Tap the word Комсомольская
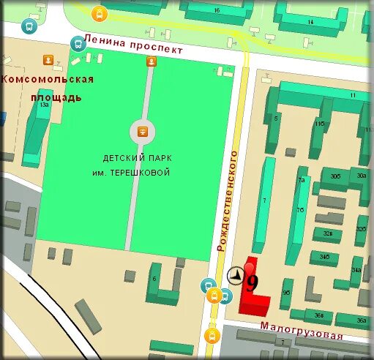48,80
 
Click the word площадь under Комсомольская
56,97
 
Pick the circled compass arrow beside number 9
236,276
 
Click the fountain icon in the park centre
142,132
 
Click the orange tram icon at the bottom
212,336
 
